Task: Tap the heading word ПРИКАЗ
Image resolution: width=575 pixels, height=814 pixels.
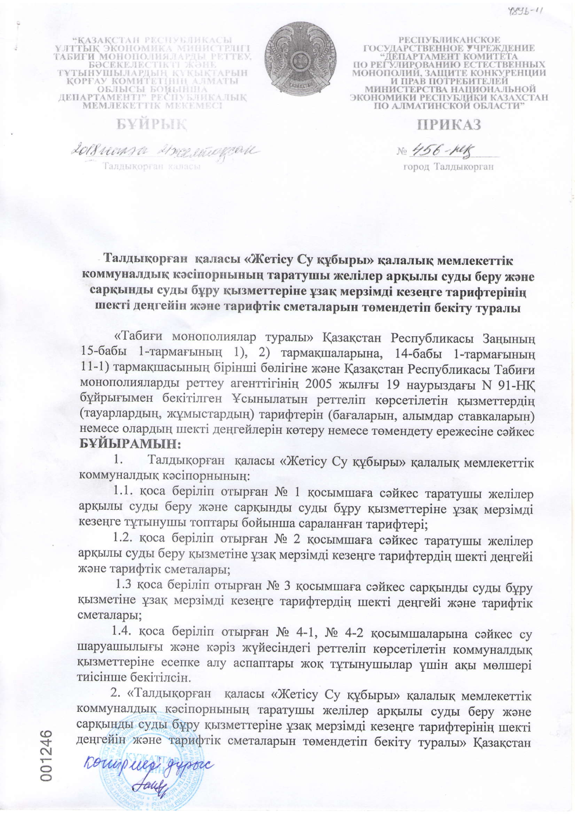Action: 449,125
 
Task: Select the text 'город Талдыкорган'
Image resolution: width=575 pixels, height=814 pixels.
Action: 448,167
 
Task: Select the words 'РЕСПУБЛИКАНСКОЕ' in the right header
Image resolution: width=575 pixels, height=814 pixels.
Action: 446,39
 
